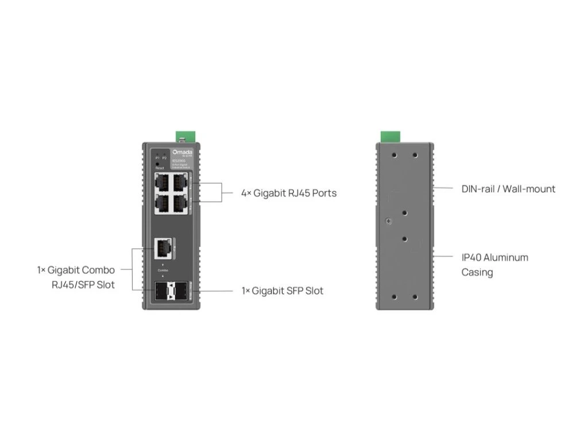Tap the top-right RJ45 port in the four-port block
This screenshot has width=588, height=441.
point(180,181)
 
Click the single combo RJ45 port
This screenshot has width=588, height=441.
point(162,249)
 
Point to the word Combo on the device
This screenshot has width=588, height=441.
point(163,270)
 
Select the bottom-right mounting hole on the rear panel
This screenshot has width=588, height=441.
point(414,296)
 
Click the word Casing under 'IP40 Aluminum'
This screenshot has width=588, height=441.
point(477,272)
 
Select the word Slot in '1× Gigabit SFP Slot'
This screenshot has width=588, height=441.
point(314,291)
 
